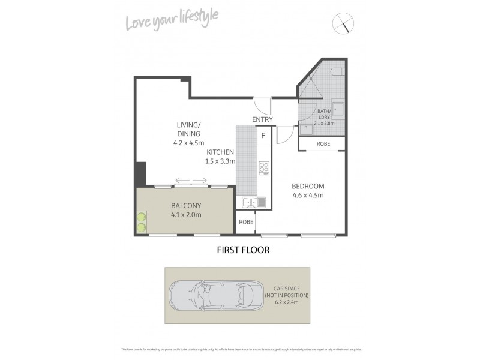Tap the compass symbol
point(343,23)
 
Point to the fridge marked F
point(263,135)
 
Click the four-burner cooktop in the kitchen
point(263,169)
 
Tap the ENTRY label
point(262,119)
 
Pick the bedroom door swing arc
point(285,136)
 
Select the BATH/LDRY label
point(324,114)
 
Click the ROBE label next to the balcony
point(245,222)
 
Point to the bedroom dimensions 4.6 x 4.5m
point(308,195)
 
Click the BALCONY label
point(185,206)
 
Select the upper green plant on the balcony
point(142,217)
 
